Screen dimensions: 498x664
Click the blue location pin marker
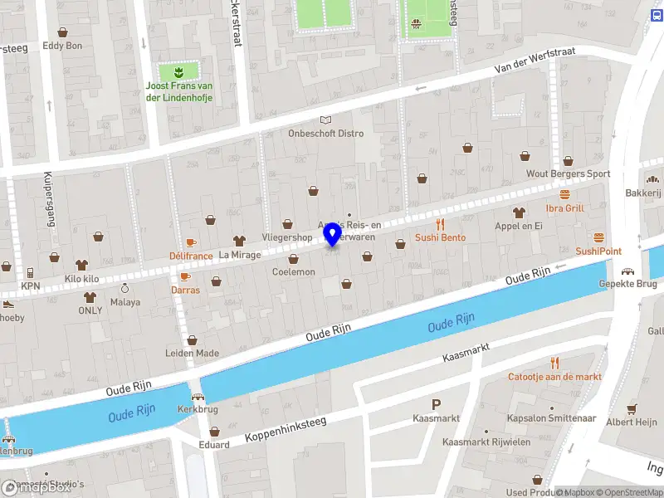pos(333,233)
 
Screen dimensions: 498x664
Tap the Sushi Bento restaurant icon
pos(441,223)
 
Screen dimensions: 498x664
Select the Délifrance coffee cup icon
pos(190,242)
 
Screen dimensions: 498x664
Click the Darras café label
pos(185,290)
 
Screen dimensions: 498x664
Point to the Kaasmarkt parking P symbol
pos(437,404)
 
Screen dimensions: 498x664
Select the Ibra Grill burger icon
pos(565,194)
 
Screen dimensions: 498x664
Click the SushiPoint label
pos(598,251)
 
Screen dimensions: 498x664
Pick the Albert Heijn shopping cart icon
pos(631,408)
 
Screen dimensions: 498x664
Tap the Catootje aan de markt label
pos(554,376)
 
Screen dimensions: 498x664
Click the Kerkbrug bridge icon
pos(197,398)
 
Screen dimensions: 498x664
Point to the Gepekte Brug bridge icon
pos(628,271)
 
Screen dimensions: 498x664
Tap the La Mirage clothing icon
pos(240,241)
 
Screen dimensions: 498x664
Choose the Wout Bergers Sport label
pos(568,174)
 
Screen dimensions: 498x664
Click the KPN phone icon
pos(30,272)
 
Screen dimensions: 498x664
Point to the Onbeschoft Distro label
pos(325,134)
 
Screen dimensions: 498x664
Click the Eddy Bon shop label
pos(62,46)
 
